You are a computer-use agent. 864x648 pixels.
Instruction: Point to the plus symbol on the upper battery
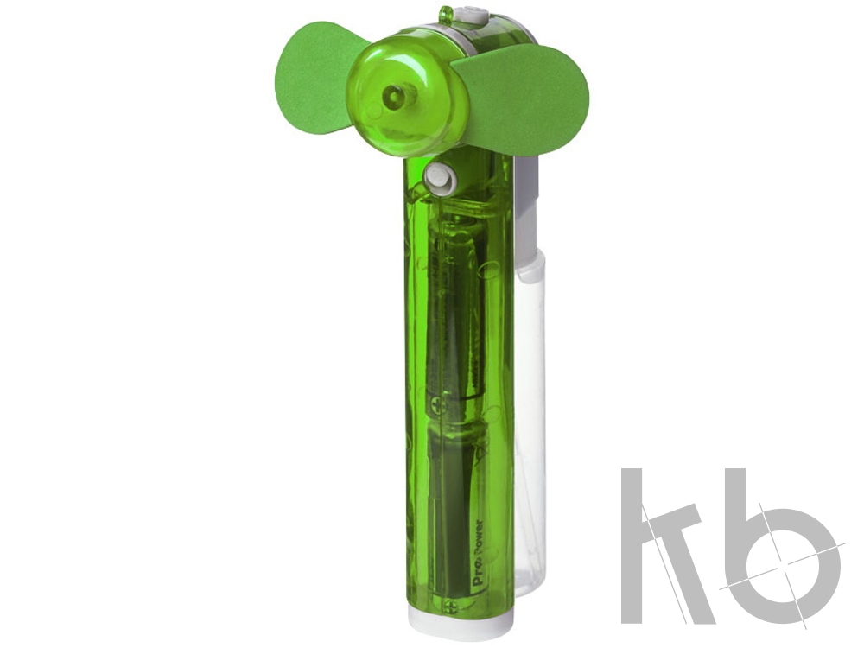(439, 407)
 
